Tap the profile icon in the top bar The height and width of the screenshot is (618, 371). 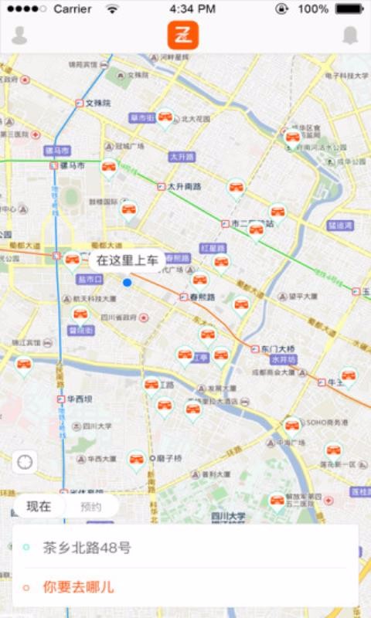pos(19,36)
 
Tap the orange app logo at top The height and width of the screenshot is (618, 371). pos(184,36)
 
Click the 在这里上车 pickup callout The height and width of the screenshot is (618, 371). pos(128,260)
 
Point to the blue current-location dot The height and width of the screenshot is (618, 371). pos(128,283)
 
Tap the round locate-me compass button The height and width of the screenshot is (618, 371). pos(26,463)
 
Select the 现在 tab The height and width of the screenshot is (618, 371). pos(39,507)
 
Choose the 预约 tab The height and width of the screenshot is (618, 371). pos(90,507)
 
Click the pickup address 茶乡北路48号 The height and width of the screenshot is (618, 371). pos(86,548)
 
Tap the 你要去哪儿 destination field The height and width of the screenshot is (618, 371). pos(78,587)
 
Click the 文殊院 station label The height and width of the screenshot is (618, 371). pos(97,103)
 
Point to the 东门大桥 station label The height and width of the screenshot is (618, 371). pos(277,349)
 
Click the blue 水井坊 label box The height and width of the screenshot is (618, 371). pos(284,360)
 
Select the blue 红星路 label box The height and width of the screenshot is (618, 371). pos(212,249)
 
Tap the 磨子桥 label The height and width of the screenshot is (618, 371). pos(168,458)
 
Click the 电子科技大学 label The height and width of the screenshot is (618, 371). pos(345,76)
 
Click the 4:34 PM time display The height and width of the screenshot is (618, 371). pos(192,9)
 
